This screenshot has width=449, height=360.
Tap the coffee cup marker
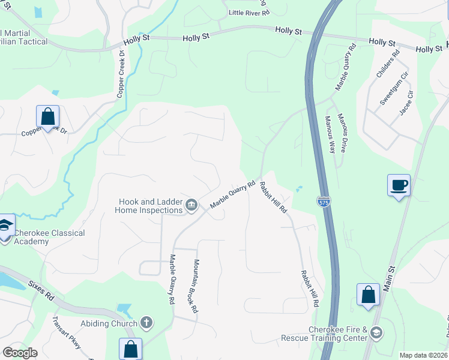(x=399, y=185)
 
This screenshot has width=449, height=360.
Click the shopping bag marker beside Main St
(x=368, y=296)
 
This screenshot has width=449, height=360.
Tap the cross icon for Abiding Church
(x=146, y=323)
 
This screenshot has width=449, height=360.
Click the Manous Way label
(x=330, y=135)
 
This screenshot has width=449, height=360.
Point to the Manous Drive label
(x=342, y=132)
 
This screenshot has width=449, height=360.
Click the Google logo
(x=20, y=353)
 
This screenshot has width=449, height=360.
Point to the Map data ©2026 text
(x=423, y=355)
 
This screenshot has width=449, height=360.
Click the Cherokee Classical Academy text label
(x=49, y=237)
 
